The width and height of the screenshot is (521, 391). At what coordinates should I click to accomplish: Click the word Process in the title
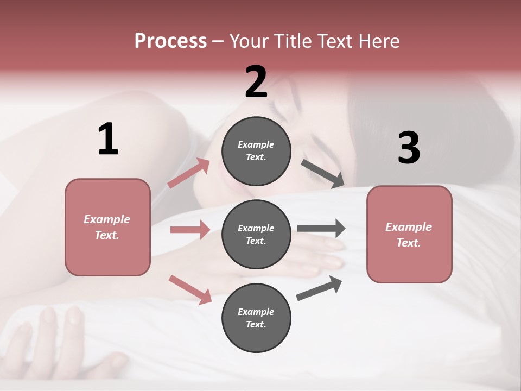[x=170, y=41]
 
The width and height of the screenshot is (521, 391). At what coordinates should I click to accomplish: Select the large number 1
[x=108, y=140]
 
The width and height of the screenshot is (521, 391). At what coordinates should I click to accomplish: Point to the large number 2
[x=256, y=82]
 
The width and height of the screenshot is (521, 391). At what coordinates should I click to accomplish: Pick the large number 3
[x=409, y=148]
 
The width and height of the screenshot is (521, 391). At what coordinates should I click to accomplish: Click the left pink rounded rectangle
[x=107, y=227]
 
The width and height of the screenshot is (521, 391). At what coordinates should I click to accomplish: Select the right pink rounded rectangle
[x=409, y=234]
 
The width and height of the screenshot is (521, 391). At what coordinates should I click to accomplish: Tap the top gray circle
[x=256, y=151]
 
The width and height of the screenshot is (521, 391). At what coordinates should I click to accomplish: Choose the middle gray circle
[x=256, y=234]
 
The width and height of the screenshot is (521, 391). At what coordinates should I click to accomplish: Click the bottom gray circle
[x=256, y=318]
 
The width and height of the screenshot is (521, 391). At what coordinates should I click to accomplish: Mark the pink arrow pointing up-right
[x=189, y=173]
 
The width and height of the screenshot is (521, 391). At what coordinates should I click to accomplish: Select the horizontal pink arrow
[x=190, y=230]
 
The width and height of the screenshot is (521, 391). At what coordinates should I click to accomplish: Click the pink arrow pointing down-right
[x=190, y=289]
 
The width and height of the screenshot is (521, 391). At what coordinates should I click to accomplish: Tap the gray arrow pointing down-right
[x=322, y=174]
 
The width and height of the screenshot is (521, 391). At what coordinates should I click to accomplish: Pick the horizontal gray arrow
[x=321, y=228]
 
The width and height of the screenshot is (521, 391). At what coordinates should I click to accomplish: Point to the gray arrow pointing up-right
[x=319, y=288]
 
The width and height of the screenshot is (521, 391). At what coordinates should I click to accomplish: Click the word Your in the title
[x=248, y=41]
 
